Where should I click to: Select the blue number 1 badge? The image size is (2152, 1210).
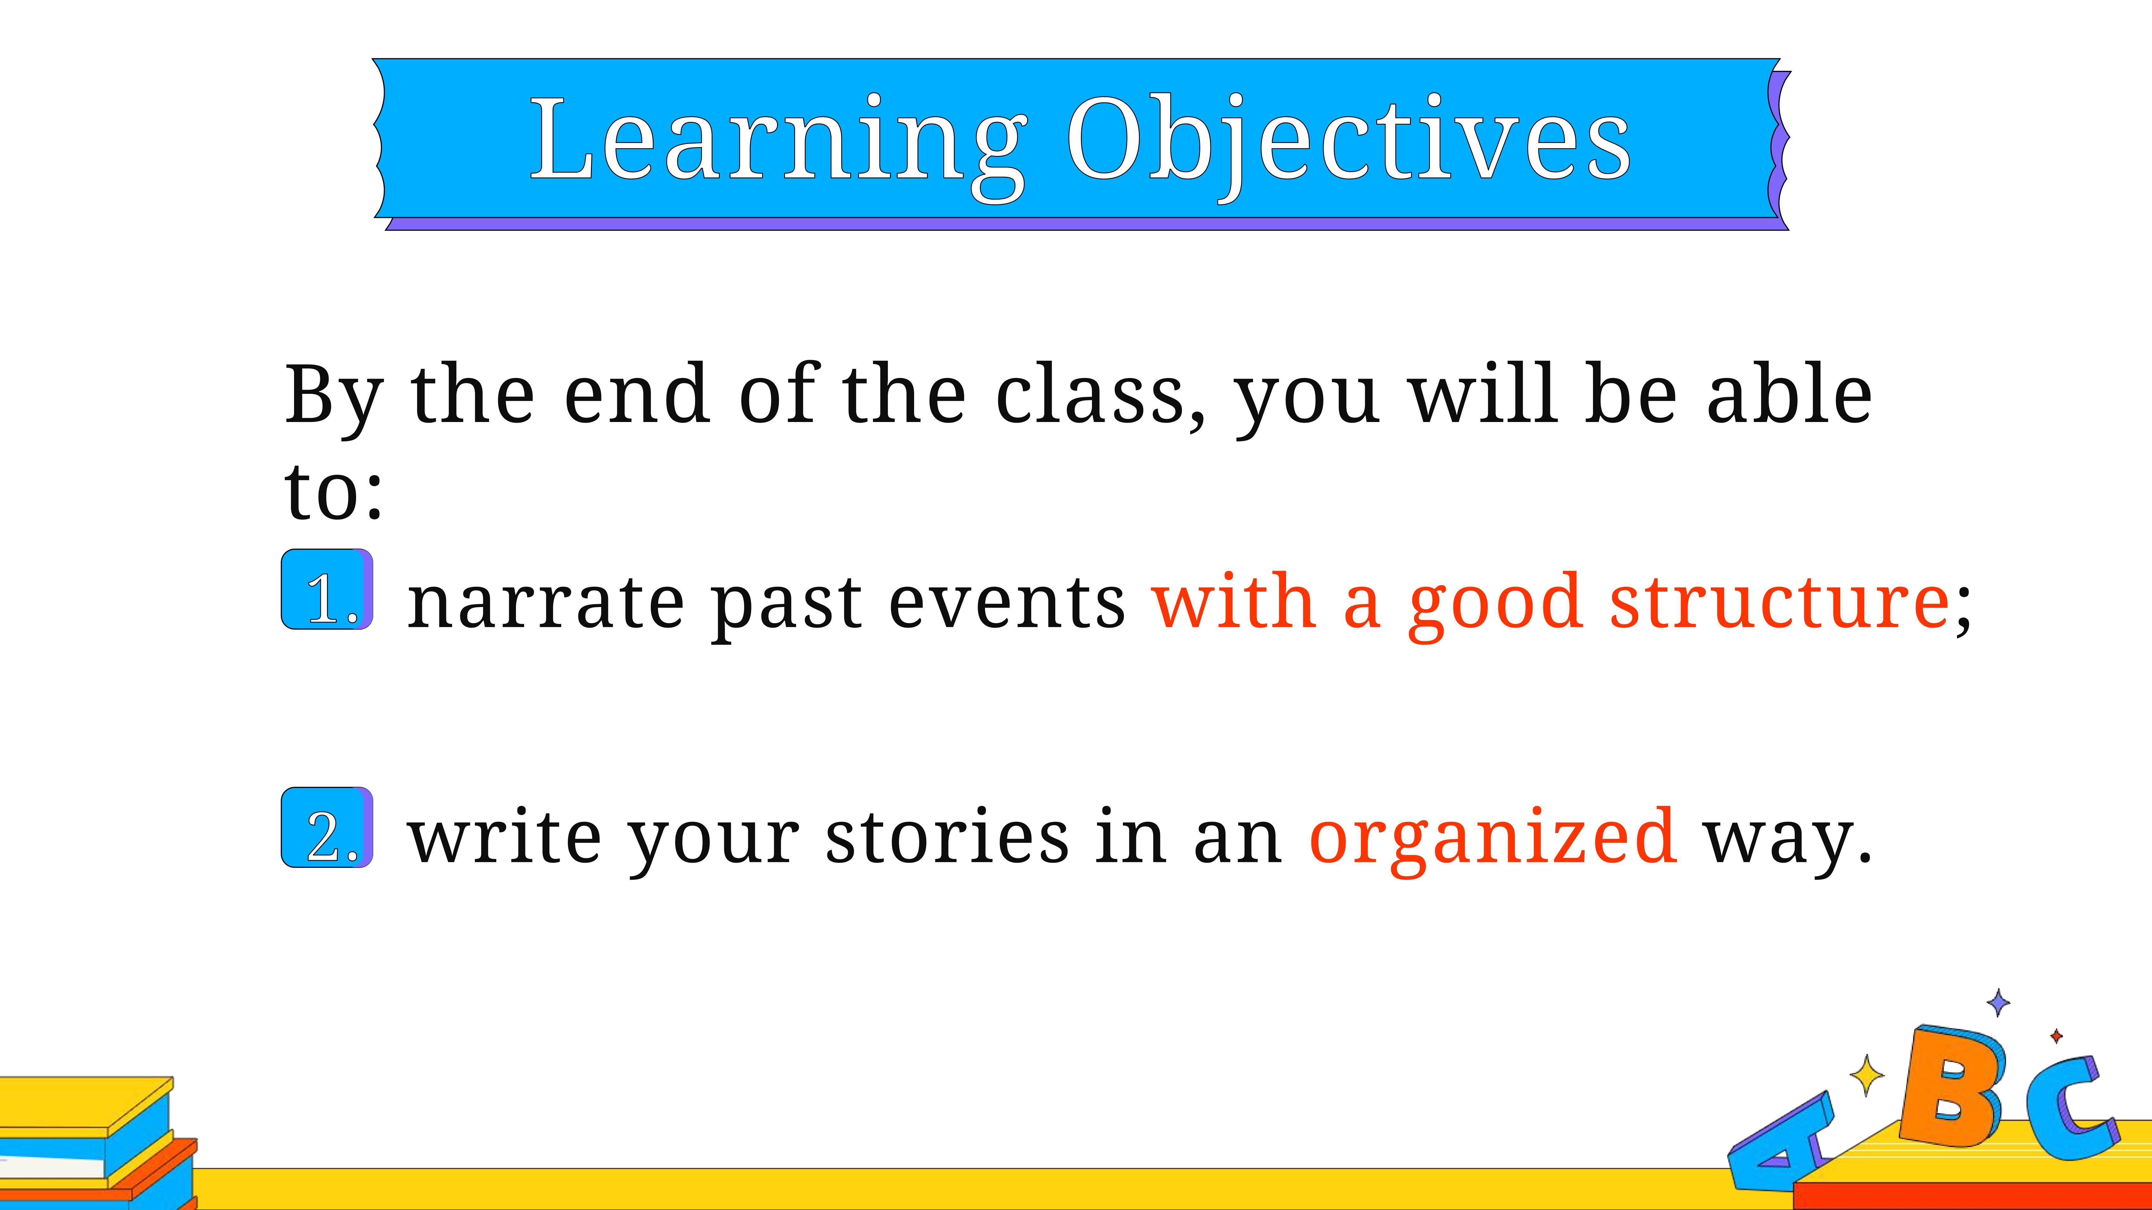(x=328, y=590)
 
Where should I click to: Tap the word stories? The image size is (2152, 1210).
(x=946, y=837)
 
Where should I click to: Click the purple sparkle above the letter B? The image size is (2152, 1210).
(x=1998, y=1002)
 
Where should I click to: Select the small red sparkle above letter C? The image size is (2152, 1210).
(x=2056, y=1036)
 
